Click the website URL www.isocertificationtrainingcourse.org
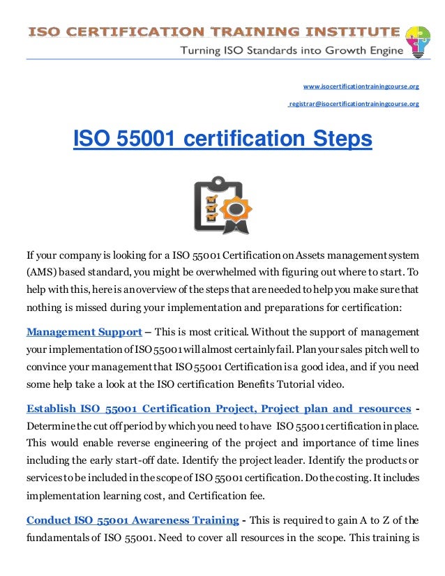[x=361, y=86]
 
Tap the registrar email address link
[x=354, y=104]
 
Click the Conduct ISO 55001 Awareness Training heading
[x=130, y=520]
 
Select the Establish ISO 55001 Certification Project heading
[x=218, y=408]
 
